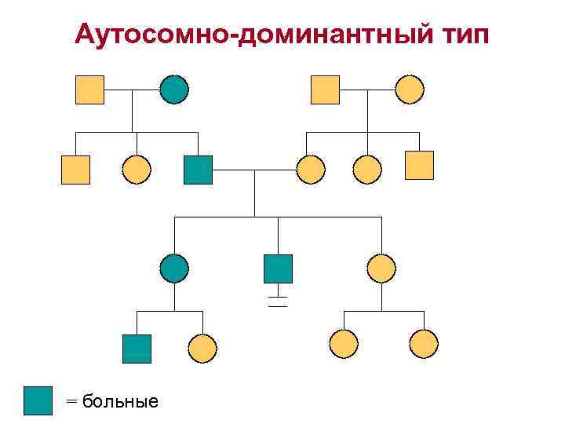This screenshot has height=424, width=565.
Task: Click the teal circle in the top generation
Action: (174, 90)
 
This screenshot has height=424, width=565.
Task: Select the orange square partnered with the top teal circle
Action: (89, 90)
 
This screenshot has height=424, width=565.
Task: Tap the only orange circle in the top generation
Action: (409, 90)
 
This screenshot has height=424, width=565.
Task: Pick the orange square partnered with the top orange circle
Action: (326, 90)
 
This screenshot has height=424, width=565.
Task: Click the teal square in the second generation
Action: (198, 170)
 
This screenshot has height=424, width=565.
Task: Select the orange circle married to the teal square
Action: (311, 170)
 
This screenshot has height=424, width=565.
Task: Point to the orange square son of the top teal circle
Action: (75, 170)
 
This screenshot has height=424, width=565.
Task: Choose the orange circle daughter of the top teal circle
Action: (137, 170)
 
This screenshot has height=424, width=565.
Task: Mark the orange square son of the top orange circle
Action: (419, 165)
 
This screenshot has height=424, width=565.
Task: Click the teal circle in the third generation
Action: (174, 269)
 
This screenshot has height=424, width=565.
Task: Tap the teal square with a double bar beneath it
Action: (278, 269)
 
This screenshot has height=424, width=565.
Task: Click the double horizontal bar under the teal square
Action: (278, 302)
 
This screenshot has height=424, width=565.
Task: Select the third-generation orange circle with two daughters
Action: (381, 269)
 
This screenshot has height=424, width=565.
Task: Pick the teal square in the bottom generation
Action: (137, 349)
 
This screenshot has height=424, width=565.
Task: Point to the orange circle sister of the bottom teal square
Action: (202, 349)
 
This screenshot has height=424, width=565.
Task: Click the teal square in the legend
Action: (38, 400)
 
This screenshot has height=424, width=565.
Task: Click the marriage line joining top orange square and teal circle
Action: (131, 90)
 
